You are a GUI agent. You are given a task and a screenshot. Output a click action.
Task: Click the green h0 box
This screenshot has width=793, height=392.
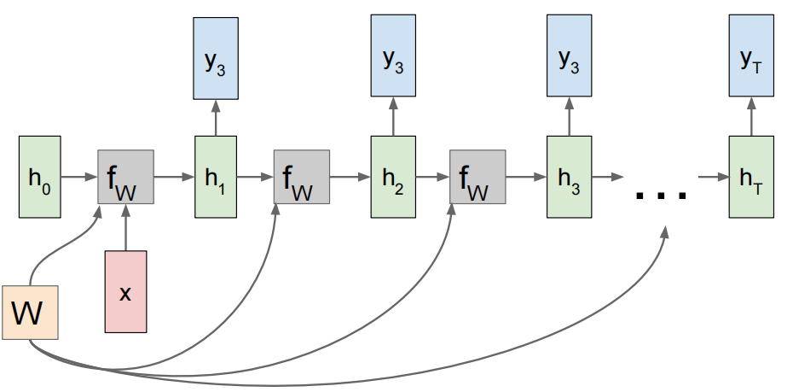pyautogui.click(x=40, y=177)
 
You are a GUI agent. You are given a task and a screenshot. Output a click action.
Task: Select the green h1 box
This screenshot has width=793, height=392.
pyautogui.click(x=217, y=177)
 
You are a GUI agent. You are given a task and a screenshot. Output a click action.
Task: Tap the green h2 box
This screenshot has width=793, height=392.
pyautogui.click(x=393, y=177)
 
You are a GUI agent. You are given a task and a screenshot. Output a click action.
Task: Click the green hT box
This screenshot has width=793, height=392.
pyautogui.click(x=751, y=177)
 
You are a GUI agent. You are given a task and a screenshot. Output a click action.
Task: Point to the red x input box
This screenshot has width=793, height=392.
pyautogui.click(x=125, y=291)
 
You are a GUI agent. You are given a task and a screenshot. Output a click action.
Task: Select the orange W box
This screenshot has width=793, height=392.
pyautogui.click(x=30, y=312)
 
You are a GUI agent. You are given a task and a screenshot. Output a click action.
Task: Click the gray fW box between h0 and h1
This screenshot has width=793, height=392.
pyautogui.click(x=125, y=177)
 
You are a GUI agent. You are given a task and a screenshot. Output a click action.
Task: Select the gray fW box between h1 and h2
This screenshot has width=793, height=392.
pyautogui.click(x=301, y=177)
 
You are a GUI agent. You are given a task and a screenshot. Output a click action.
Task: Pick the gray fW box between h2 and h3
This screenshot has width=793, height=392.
pyautogui.click(x=478, y=177)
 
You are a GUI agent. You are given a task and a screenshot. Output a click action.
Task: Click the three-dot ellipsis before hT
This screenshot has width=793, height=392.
pyautogui.click(x=662, y=195)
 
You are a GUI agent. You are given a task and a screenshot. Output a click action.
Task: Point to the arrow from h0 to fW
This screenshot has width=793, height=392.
pyautogui.click(x=79, y=178)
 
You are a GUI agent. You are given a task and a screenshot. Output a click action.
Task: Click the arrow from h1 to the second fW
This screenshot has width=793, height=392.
pyautogui.click(x=255, y=178)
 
